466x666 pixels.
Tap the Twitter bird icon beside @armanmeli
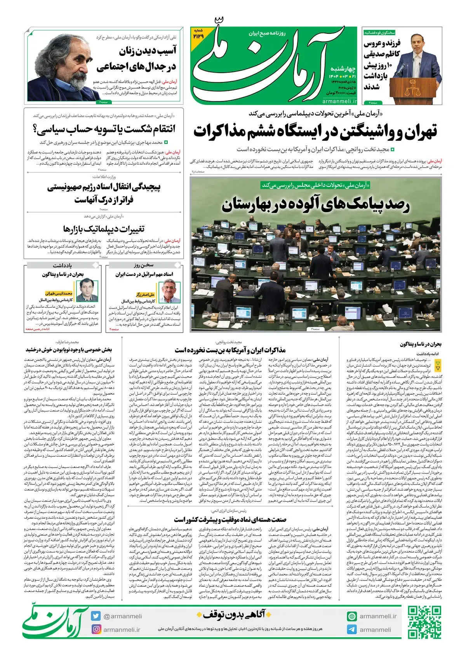pyautogui.click(x=96, y=616)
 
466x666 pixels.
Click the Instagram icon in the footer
pyautogui.click(x=96, y=629)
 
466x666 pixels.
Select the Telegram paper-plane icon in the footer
pyautogui.click(x=352, y=629)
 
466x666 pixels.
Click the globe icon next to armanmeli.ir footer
pyautogui.click(x=352, y=616)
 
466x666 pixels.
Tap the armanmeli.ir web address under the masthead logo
pyautogui.click(x=339, y=101)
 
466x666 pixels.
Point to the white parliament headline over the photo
pyautogui.click(x=315, y=205)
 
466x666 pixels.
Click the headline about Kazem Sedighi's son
pyautogui.click(x=382, y=64)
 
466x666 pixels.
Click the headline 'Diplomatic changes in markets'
pyautogui.click(x=104, y=228)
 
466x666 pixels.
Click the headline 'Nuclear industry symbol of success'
pyautogui.click(x=230, y=519)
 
